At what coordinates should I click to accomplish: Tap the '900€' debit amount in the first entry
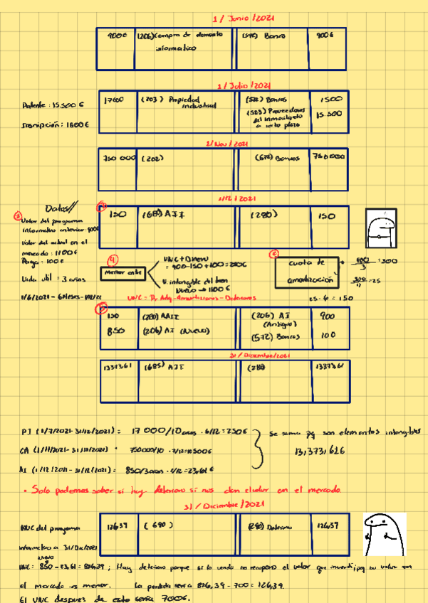pyautogui.click(x=116, y=34)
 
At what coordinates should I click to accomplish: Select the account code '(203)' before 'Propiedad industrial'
pyautogui.click(x=152, y=100)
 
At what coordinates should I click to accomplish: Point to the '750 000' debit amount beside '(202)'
pyautogui.click(x=118, y=158)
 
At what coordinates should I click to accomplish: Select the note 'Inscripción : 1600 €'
pyautogui.click(x=56, y=124)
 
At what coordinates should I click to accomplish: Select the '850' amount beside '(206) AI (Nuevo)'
pyautogui.click(x=116, y=330)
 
